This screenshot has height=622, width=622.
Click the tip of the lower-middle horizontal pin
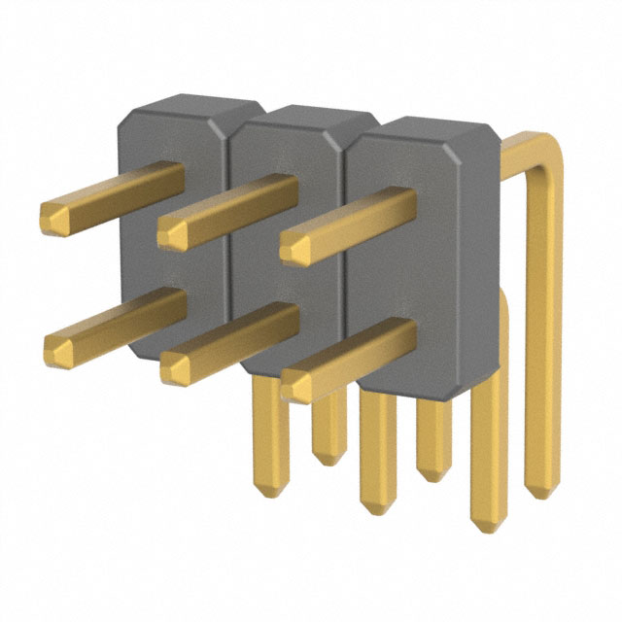[176, 365]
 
